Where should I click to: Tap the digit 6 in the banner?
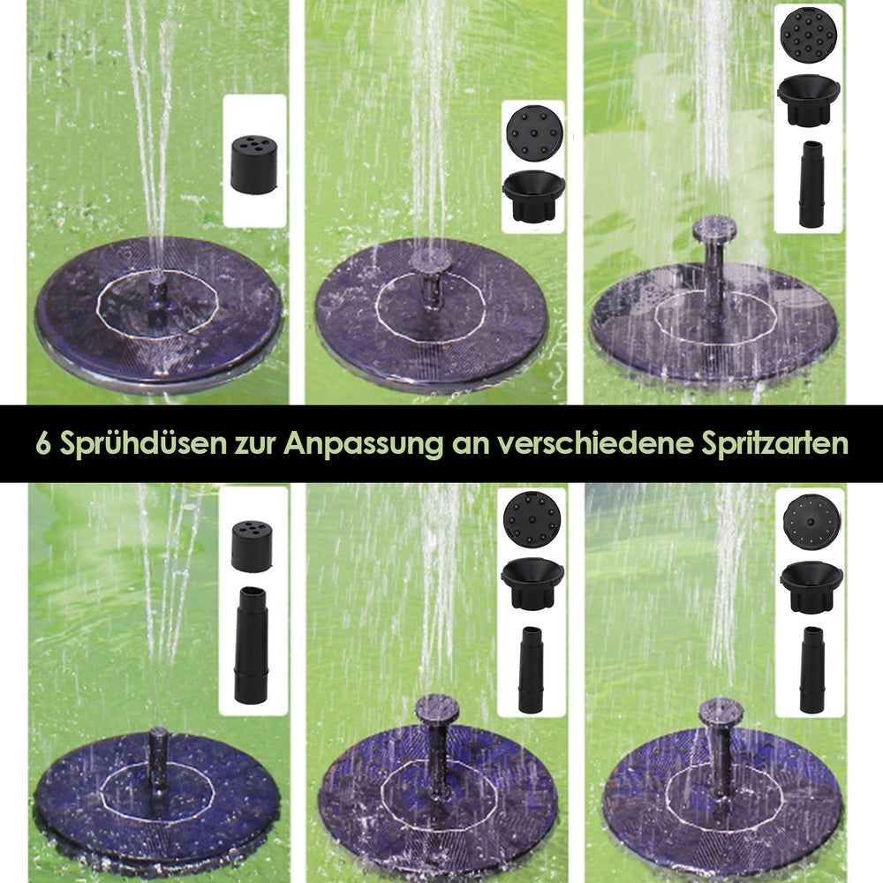43,443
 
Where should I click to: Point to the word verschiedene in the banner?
595,443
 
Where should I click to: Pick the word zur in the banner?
255,446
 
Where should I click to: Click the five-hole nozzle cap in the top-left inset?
254,164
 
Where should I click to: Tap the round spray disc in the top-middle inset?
534,133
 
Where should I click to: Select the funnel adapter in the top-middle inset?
533,196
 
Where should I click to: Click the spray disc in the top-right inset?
808,34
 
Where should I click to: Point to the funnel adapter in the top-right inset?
809,100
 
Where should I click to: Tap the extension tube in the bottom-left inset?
251,645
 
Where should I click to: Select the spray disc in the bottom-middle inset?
532,519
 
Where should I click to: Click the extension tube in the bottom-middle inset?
531,669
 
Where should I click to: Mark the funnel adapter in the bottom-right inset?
811,587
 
